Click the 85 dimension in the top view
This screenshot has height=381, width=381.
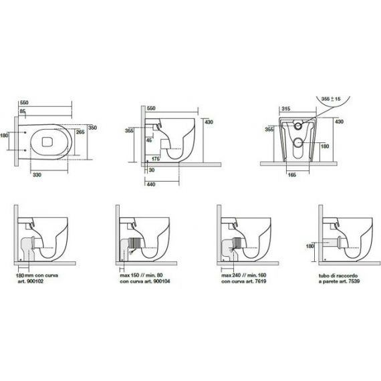point(23,111)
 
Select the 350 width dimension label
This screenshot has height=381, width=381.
point(92,128)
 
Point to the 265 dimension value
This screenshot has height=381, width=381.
point(80,132)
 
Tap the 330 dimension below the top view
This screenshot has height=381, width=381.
point(37,174)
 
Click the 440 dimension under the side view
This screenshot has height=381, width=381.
point(151,184)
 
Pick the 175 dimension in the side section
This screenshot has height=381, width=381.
point(156,159)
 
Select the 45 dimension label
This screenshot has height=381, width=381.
point(149,140)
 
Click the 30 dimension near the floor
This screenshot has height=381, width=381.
point(152,170)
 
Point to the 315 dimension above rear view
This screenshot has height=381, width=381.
point(286,108)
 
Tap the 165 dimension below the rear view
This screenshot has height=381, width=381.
point(292,174)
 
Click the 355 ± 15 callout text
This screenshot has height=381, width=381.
point(331,99)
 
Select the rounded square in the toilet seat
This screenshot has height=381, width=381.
point(47,142)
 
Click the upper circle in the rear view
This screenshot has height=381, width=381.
point(298,126)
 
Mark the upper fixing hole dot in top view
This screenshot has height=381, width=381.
point(25,132)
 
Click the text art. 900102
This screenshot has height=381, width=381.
point(30,281)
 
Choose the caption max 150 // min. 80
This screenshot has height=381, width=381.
point(141,275)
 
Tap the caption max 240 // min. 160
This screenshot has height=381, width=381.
point(244,275)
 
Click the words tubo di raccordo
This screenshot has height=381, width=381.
point(338,276)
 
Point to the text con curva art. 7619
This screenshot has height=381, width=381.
point(244,281)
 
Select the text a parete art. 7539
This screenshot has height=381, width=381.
point(339,281)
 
